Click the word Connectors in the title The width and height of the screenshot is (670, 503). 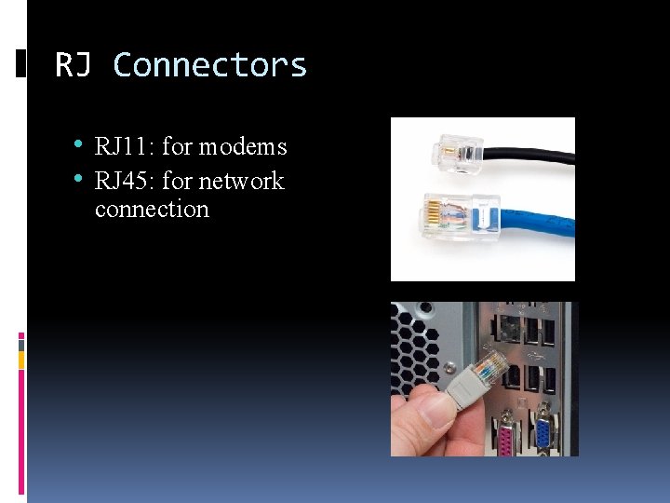click(x=209, y=65)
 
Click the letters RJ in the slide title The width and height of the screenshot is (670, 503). click(x=74, y=65)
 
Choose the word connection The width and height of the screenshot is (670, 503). click(x=152, y=209)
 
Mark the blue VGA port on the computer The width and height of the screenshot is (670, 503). click(x=543, y=433)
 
